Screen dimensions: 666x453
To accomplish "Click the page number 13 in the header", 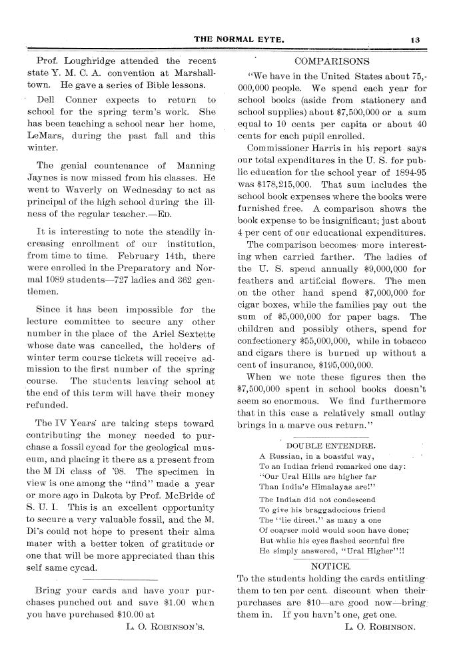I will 415,39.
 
